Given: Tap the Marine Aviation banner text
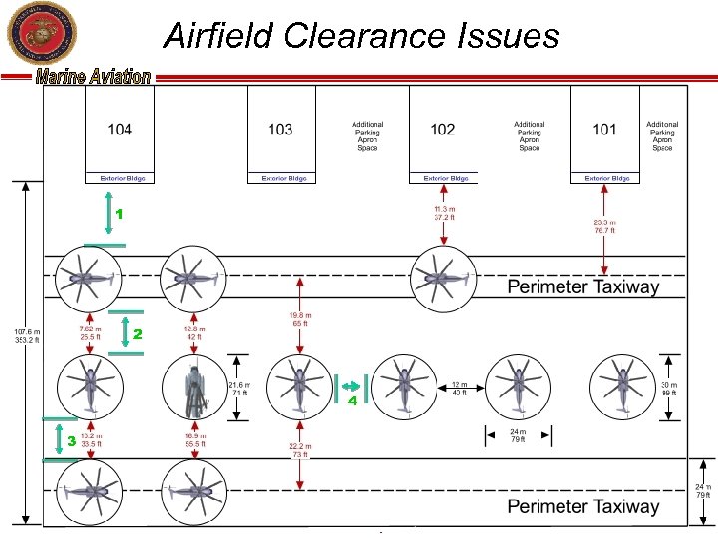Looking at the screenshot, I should (x=94, y=78).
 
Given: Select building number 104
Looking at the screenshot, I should (x=119, y=129).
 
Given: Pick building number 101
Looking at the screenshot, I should (x=604, y=129).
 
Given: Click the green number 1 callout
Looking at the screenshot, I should (x=118, y=214).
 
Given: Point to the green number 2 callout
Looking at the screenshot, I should (x=138, y=334).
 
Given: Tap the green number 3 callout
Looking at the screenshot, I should (x=71, y=439).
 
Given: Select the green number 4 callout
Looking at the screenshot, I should (x=352, y=402).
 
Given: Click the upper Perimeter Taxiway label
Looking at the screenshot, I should (x=583, y=287).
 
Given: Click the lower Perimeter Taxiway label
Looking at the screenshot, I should (x=583, y=506).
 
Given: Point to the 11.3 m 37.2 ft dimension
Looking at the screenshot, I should (x=444, y=213).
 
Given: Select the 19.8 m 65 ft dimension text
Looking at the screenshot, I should (x=300, y=319).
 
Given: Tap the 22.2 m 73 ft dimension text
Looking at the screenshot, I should (x=300, y=451).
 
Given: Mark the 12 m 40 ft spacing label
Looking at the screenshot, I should (x=459, y=387).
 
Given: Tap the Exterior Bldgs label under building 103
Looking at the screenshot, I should (x=281, y=179).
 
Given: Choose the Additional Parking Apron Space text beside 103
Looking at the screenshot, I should (x=367, y=136).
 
